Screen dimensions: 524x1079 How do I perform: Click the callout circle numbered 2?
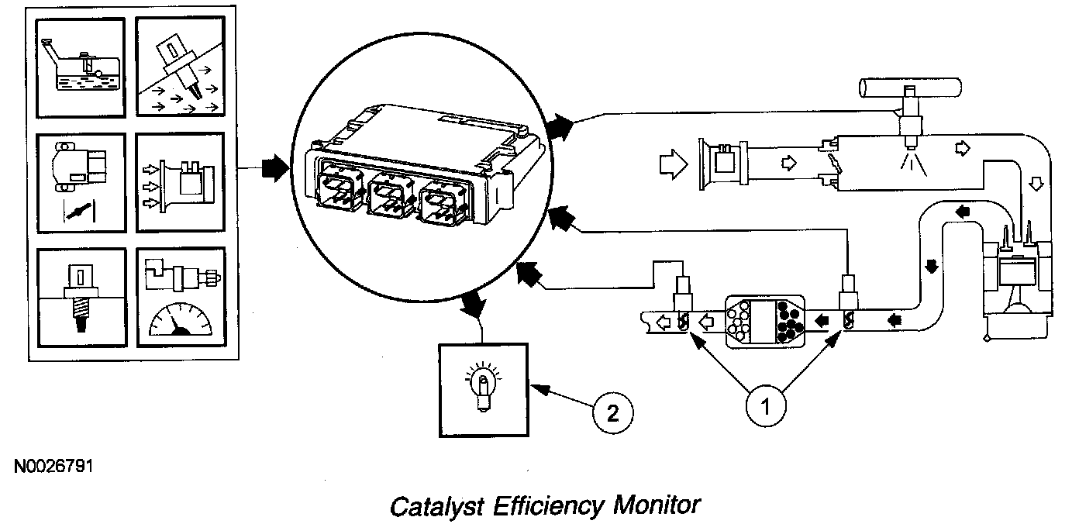pos(612,412)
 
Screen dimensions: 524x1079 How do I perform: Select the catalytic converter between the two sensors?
pos(767,320)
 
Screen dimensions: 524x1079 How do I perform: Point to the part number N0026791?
pos(53,467)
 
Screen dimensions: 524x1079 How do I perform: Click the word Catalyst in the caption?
pos(430,507)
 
